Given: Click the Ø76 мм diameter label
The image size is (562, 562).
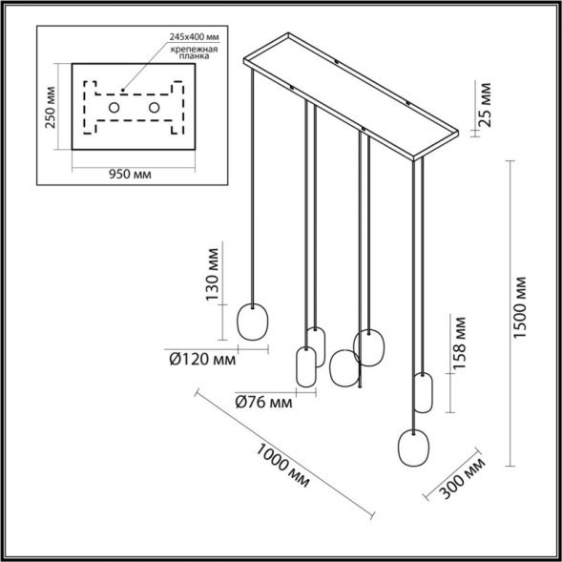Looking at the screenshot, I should click(x=261, y=402).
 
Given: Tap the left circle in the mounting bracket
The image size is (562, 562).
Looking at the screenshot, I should click(x=114, y=110).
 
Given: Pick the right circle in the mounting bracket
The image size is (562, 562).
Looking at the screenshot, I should click(x=153, y=110).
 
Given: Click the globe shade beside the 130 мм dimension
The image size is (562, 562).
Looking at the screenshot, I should click(x=253, y=323).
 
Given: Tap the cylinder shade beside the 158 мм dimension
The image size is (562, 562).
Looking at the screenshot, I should click(x=424, y=392).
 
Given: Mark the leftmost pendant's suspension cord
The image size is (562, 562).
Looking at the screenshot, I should click(x=253, y=191).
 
